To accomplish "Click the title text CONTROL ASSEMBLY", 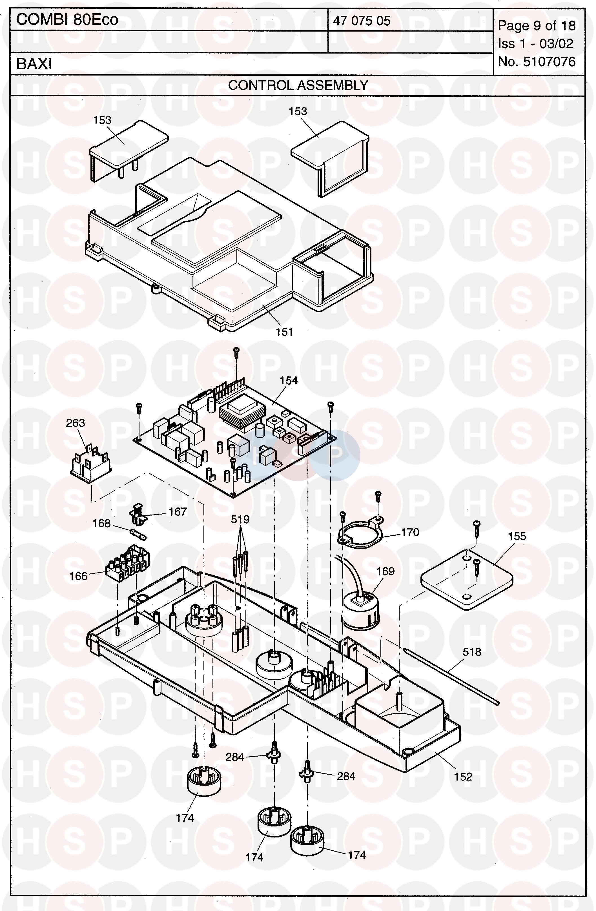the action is (x=298, y=85).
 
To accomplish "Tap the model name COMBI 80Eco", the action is (x=67, y=19).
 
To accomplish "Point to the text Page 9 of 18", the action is (x=537, y=26).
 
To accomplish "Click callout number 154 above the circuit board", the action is (x=289, y=380).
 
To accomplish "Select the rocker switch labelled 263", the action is (x=90, y=464).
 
